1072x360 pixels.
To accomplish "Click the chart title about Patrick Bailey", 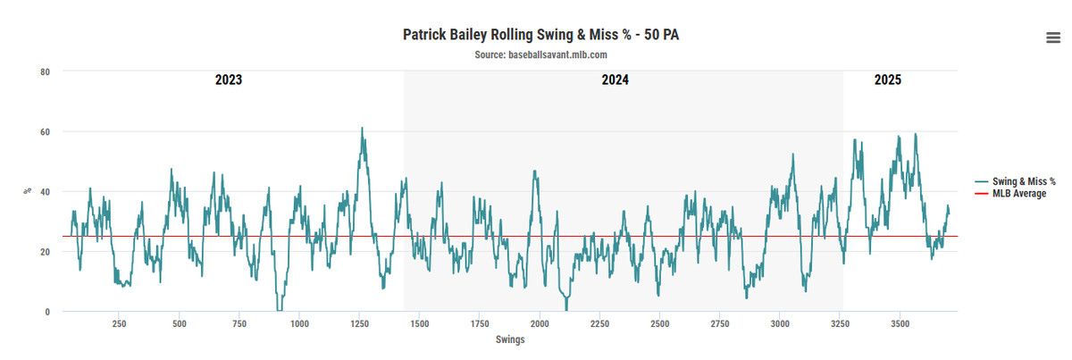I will (x=535, y=35).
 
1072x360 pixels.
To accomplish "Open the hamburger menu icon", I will (x=1053, y=36).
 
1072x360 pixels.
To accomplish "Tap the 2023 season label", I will (x=229, y=80).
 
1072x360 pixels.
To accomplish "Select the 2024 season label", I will (x=615, y=80).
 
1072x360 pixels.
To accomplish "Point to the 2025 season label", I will (x=887, y=80).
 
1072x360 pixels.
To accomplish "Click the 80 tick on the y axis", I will (x=44, y=71).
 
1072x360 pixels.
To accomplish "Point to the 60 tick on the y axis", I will (x=44, y=131).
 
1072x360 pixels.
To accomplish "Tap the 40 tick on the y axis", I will (x=44, y=191).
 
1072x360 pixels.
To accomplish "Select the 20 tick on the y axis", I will (x=44, y=251).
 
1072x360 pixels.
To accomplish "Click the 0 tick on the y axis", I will (x=46, y=311).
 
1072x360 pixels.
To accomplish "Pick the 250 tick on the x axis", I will (x=119, y=323).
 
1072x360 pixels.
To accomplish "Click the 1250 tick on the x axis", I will (x=359, y=323).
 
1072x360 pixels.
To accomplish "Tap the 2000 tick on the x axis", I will (x=540, y=323).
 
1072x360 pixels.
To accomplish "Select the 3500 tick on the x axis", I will (x=900, y=323).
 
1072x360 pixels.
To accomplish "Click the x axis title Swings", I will (x=510, y=339).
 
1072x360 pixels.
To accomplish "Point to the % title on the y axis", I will (x=27, y=190).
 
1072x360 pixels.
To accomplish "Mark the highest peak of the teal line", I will (x=362, y=128).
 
